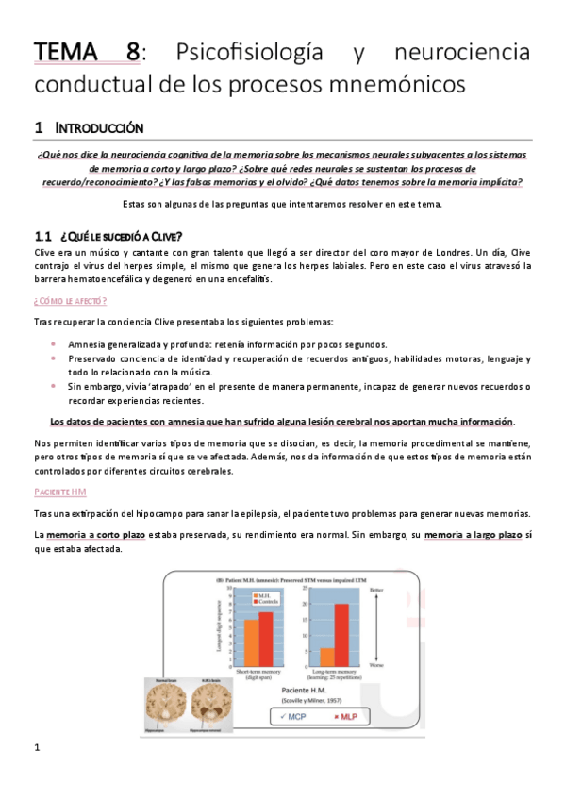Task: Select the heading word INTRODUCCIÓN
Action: pyautogui.click(x=99, y=126)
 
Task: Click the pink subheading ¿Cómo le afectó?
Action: pyautogui.click(x=70, y=300)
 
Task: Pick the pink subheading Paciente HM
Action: pyautogui.click(x=58, y=492)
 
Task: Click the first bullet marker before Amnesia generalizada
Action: pyautogui.click(x=53, y=344)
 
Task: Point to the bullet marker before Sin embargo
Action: pyautogui.click(x=53, y=386)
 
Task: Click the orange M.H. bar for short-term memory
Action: pyautogui.click(x=250, y=642)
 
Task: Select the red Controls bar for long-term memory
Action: pyautogui.click(x=341, y=634)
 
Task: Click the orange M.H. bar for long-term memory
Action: pyautogui.click(x=326, y=656)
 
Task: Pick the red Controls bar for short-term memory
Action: pyautogui.click(x=265, y=638)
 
